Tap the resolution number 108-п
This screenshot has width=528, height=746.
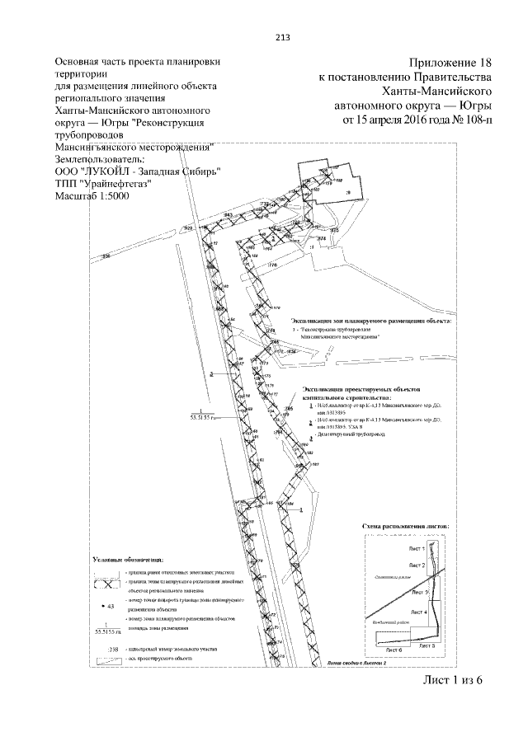click(478, 120)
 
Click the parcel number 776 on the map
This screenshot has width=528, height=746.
click(271, 265)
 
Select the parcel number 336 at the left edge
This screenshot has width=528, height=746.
click(105, 258)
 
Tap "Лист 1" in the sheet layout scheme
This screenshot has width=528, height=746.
click(416, 548)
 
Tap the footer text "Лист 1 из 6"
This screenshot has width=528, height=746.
click(450, 679)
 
